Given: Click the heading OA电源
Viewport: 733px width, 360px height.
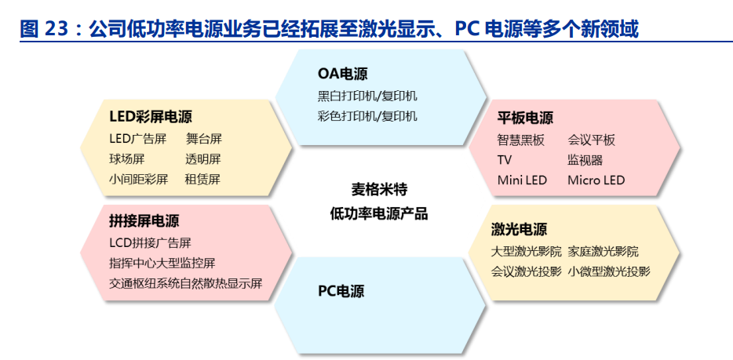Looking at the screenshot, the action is point(342,74).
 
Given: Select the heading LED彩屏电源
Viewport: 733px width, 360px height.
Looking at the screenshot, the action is point(151,117).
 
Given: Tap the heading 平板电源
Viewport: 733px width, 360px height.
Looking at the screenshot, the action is point(525,118).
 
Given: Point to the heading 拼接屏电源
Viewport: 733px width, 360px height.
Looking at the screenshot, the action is point(144,220).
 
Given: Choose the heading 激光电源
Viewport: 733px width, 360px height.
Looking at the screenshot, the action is point(519,229).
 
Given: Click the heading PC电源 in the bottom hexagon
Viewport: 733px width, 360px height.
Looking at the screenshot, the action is point(341,291).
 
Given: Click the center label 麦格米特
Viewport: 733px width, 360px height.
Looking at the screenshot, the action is point(379,190).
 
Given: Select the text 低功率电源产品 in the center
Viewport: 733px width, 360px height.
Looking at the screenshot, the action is point(379,214).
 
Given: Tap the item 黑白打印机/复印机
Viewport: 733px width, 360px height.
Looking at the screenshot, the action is point(367,96).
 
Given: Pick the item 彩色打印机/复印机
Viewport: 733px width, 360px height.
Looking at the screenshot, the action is point(367,116).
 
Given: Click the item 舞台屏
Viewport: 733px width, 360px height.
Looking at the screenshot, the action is point(203,139).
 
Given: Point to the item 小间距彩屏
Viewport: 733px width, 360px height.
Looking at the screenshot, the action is point(138,180).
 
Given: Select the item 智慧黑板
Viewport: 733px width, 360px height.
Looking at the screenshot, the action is point(521,140).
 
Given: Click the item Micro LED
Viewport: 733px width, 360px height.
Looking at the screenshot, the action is point(596,180).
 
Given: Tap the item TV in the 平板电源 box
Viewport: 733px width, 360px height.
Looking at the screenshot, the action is point(505,160).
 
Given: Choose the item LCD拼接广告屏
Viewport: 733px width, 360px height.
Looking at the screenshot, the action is point(150,243).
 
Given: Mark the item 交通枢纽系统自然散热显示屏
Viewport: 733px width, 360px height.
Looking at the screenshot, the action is point(185,283).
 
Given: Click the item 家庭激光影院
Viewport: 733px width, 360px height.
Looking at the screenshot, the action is point(603,252).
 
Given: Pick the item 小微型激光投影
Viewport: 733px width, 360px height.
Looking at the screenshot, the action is point(609,271).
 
